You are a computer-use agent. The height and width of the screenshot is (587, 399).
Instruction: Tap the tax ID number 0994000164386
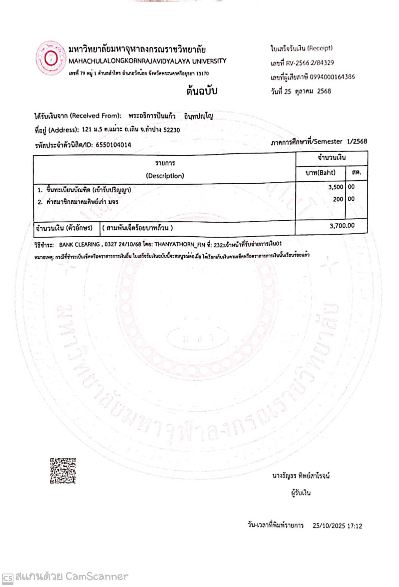pos(332,77)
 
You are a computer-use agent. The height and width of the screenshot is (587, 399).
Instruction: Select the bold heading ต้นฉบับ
pos(202,91)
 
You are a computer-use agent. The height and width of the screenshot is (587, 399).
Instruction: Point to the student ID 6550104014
pos(113,145)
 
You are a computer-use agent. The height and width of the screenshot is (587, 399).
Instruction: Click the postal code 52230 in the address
pos(172,130)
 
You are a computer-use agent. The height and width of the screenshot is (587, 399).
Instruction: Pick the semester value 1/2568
pos(357,141)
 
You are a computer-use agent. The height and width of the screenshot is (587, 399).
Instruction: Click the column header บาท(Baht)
pos(320,173)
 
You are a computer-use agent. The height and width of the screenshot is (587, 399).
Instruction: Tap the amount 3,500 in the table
pos(335,187)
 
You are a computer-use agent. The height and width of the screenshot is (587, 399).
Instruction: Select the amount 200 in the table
pos(338,199)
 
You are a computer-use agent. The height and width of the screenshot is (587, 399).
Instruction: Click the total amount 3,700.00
pos(342,226)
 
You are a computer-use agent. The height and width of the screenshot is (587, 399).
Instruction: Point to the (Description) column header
pos(165,176)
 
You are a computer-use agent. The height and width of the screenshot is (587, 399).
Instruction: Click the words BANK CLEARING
pos(79,245)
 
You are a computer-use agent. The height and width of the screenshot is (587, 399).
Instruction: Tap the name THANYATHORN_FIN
pos(180,245)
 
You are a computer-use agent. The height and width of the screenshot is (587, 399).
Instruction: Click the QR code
pos(63,470)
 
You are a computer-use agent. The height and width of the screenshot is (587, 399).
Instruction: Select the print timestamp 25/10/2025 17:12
pos(337,526)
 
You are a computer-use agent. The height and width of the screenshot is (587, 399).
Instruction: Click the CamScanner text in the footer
pos(97,576)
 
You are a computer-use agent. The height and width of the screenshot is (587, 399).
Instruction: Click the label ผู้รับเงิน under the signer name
pos(301,493)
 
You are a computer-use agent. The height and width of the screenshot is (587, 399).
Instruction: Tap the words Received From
pos(96,116)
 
